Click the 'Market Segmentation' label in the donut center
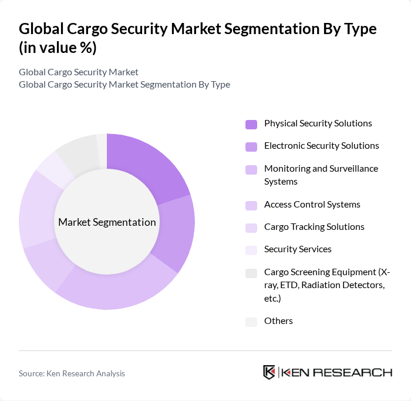tap(107, 222)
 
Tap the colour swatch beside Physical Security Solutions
tap(251, 124)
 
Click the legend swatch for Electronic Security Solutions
tap(251, 146)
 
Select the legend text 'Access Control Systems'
tap(312, 205)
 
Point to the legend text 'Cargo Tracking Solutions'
tap(314, 227)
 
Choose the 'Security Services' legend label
tap(298, 249)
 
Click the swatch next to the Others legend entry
tap(251, 322)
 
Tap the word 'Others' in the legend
tap(278, 321)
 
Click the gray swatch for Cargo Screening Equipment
tap(251, 273)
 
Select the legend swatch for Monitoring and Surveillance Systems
tap(251, 169)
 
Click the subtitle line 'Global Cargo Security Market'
tap(79, 72)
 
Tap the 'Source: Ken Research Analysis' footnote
tap(72, 373)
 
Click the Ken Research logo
tap(327, 372)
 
